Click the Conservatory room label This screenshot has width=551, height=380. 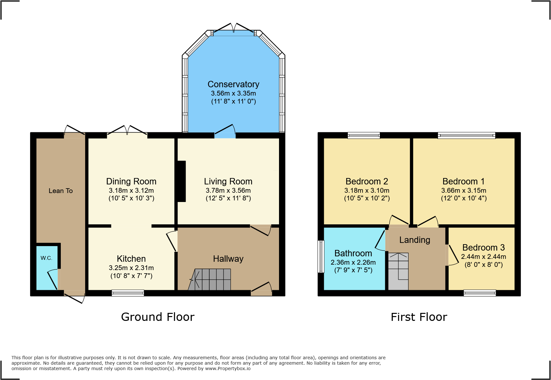pos(233,84)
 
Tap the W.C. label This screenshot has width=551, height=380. pos(46,258)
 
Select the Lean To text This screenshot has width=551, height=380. pos(60,191)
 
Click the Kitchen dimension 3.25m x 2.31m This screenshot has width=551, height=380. pos(131,268)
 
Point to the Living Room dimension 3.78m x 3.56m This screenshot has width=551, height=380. pos(228,190)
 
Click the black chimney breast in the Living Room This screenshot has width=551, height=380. pos(181,181)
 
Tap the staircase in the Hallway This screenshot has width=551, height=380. pos(210,279)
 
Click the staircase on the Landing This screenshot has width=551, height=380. pos(398,271)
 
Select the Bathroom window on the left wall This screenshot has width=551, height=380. pos(321,257)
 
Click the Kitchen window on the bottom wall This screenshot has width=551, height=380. pos(128,293)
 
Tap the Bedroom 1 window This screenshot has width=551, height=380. pos(467,136)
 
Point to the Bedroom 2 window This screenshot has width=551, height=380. pos(364,136)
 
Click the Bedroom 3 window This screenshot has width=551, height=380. pos(480,293)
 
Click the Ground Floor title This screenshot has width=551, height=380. pos(158,317)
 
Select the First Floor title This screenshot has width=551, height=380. pos(419,317)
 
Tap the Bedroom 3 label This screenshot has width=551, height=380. pos(483,248)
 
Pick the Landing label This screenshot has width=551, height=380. pos(415,240)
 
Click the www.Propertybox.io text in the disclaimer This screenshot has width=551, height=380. pos(228,368)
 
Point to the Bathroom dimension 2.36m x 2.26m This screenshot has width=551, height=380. pos(353,262)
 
